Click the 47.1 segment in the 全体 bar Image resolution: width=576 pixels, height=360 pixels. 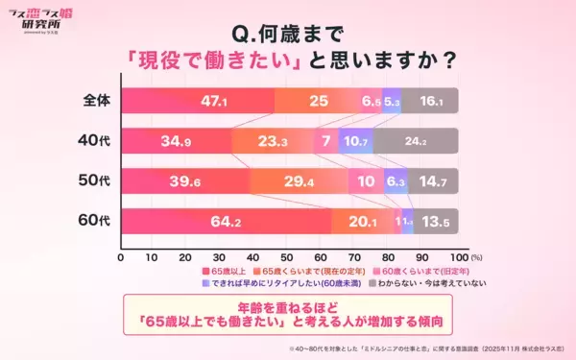[x=197, y=100]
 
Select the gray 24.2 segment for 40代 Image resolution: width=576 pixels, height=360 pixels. [x=416, y=141]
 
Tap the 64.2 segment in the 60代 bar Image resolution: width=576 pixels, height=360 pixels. [x=226, y=222]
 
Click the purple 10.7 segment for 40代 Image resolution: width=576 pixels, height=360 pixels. [x=355, y=141]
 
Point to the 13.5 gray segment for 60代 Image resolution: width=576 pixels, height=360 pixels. [x=435, y=222]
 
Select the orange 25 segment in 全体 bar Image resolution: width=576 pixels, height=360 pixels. [x=317, y=100]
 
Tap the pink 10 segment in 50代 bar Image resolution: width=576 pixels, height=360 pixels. [x=367, y=181]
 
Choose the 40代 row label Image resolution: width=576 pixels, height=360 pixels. [x=94, y=141]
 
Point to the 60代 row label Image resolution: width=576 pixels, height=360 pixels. [x=94, y=222]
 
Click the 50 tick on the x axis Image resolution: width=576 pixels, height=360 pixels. [x=289, y=258]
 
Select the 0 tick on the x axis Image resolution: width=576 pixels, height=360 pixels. [x=121, y=258]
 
